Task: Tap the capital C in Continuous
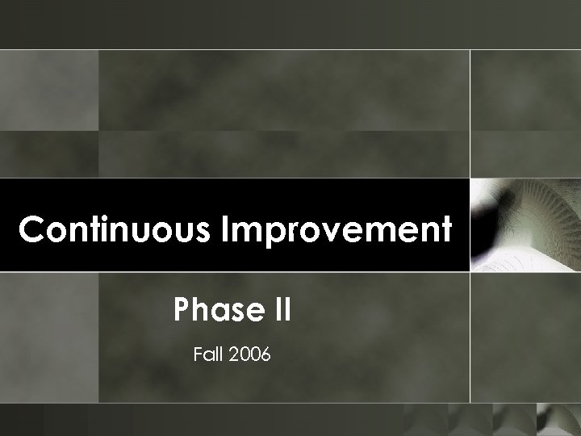(x=31, y=230)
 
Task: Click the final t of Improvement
(x=443, y=231)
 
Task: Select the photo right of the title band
(x=525, y=224)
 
